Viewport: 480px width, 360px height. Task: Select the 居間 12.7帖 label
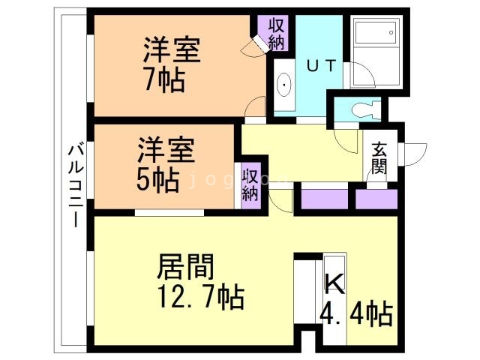pyautogui.click(x=198, y=281)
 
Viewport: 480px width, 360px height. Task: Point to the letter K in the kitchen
pyautogui.click(x=334, y=283)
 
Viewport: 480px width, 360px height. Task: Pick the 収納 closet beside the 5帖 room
pyautogui.click(x=250, y=184)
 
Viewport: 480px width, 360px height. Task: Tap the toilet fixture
pyautogui.click(x=364, y=109)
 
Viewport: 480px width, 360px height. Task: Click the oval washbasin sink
pyautogui.click(x=286, y=87)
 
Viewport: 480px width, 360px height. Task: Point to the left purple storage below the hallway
pyautogui.click(x=325, y=199)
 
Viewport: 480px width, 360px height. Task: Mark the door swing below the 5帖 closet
pyautogui.click(x=280, y=199)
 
